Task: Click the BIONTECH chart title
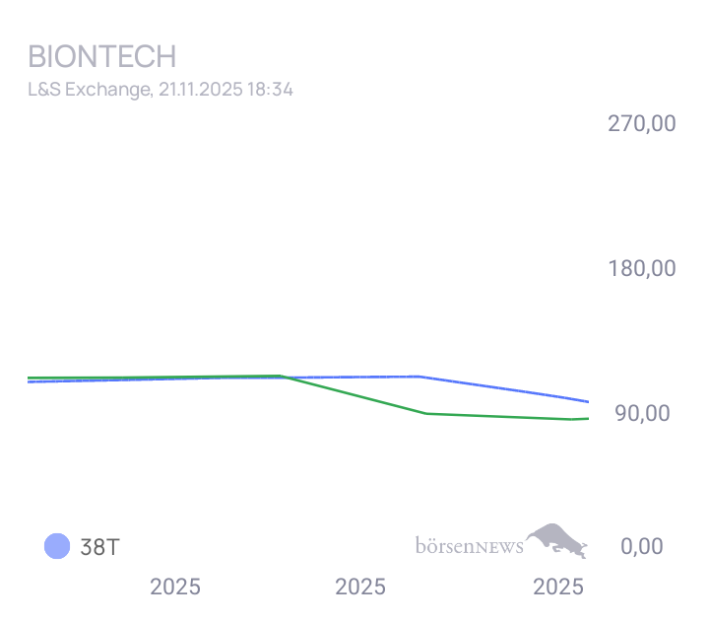(101, 56)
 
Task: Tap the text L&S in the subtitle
(42, 89)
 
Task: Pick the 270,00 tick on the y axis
(641, 124)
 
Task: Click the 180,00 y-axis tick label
(641, 268)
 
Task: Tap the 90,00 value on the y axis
(642, 413)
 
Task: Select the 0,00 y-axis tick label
(642, 546)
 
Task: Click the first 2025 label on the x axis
(175, 587)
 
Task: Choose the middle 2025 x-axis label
(360, 587)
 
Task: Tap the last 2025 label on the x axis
(558, 587)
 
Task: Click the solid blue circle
(58, 546)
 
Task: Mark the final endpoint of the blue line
(588, 401)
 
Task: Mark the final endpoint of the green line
(588, 419)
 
